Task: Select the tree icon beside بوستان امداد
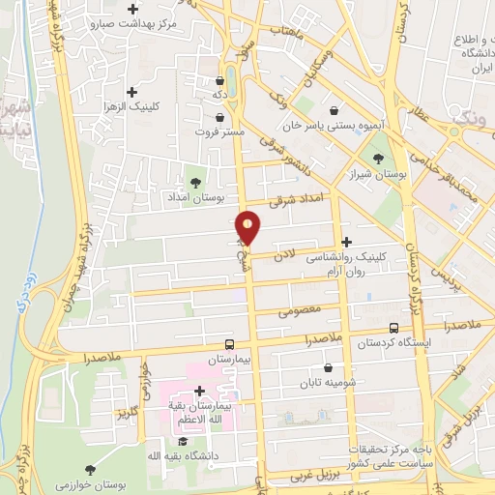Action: (196, 181)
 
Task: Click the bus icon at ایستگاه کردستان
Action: (393, 329)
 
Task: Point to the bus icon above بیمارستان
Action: (229, 344)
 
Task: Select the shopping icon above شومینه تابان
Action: (329, 367)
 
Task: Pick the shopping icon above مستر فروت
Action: (220, 117)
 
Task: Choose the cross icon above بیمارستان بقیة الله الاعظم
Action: (199, 392)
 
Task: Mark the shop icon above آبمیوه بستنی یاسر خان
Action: (335, 110)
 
